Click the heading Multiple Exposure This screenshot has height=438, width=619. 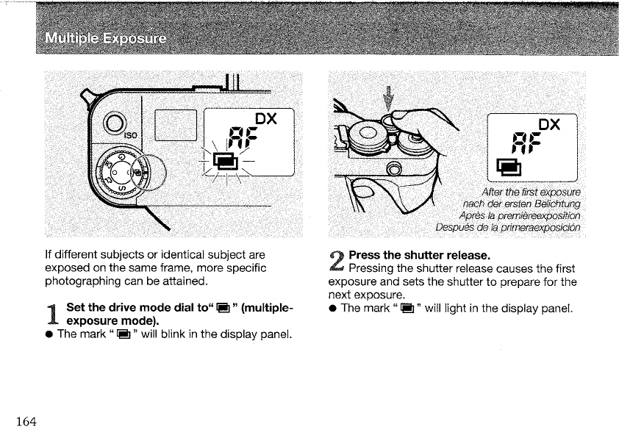click(x=104, y=37)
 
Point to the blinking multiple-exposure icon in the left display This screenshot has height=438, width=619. click(x=224, y=161)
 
